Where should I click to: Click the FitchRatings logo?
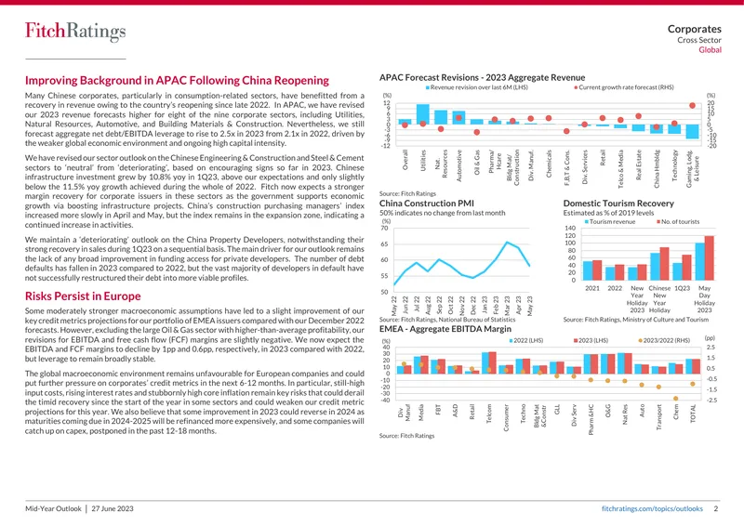75,32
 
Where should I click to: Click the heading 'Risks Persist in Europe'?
83,296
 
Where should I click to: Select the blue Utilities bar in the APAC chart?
423,113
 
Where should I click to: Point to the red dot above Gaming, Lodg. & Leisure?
692,106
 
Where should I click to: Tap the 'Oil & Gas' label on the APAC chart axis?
477,163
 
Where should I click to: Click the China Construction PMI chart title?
427,204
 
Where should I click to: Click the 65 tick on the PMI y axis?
385,244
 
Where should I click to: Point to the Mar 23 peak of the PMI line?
507,243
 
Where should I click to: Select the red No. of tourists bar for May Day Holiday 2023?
709,258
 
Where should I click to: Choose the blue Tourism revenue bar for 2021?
588,270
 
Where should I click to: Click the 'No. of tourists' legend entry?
678,221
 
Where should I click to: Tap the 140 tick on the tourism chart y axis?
570,228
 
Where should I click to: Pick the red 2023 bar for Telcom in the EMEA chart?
492,362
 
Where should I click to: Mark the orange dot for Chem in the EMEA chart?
676,399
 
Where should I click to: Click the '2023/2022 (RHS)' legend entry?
664,340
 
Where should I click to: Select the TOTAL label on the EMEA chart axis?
693,414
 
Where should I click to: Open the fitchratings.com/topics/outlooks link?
652,508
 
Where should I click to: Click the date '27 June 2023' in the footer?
113,508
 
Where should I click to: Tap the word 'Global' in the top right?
710,50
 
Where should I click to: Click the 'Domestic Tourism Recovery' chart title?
618,204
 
